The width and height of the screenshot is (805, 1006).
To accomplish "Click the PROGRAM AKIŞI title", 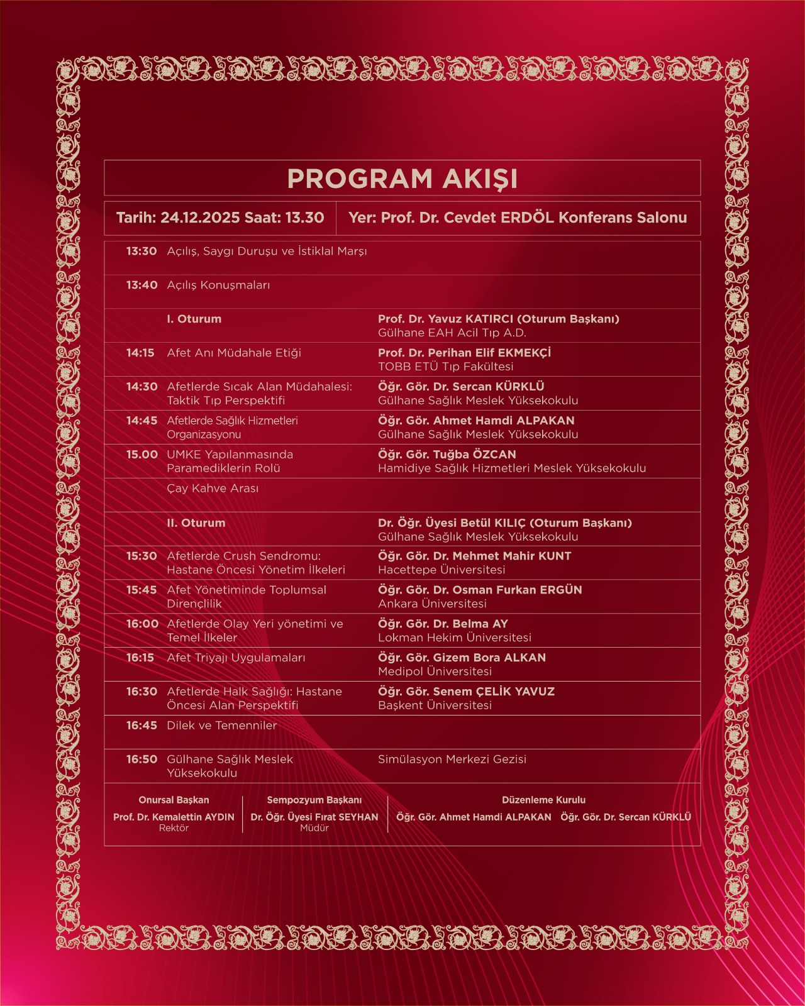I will point(402,179).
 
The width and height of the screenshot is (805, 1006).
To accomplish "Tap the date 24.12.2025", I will point(200,218).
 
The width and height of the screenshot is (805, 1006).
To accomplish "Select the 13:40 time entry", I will point(142,285).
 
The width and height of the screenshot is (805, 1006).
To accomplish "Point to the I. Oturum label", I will point(194,319).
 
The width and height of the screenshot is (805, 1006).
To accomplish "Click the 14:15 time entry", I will point(140,353).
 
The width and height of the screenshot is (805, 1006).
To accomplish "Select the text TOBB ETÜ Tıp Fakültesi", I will point(445,367).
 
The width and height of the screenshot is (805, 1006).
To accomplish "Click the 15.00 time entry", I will point(142,455).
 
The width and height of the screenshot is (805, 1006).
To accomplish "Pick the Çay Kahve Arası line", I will point(213,489).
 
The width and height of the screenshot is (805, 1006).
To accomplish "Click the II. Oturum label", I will point(196,522).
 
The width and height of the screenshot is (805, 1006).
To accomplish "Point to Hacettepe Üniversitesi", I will point(441,570).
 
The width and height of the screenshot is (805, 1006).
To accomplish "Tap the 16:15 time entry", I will point(140,658).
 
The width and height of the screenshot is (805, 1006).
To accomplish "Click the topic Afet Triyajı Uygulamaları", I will point(236,658).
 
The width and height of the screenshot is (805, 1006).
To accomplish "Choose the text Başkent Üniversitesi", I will point(435,705).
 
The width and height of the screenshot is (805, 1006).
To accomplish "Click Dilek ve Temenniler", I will point(221,726).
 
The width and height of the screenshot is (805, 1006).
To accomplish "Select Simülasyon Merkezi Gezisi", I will point(452,760).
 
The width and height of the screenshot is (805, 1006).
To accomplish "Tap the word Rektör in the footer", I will point(174,828).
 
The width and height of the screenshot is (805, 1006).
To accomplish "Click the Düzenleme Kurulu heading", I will point(543,800).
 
